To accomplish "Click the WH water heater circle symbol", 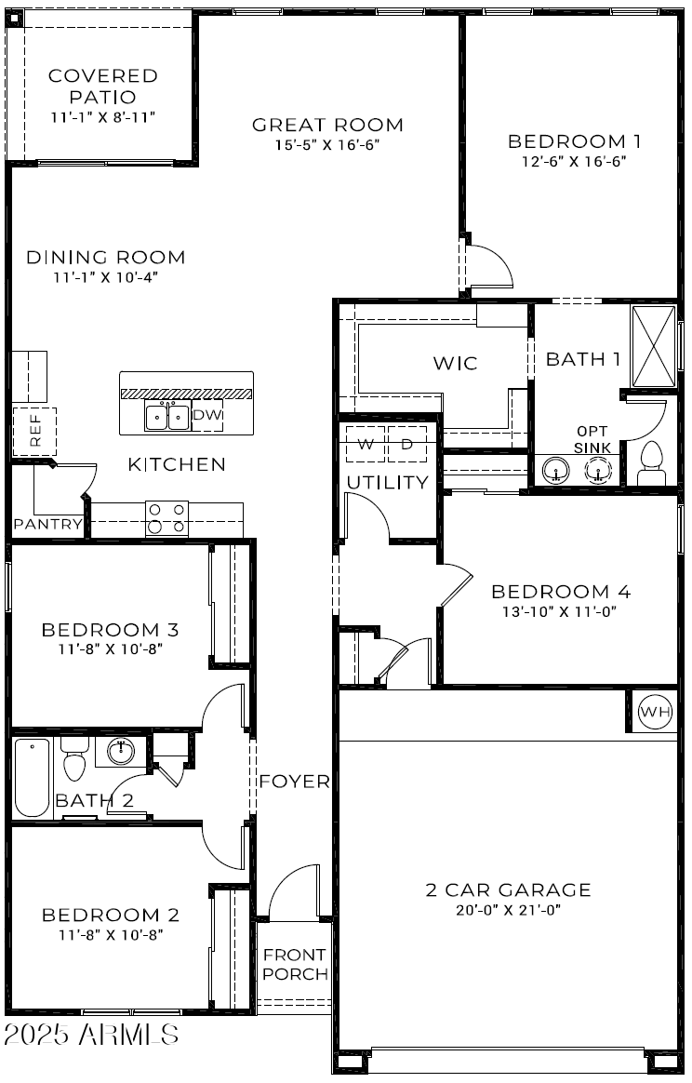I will point(655,713).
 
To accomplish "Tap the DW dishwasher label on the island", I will point(207,416).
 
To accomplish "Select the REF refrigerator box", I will point(34,431).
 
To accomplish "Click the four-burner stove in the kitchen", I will point(166,518).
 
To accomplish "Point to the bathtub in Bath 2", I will point(33,777).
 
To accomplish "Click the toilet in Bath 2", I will point(74,760).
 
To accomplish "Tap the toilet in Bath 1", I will point(652,462).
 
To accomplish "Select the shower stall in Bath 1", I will point(654,345).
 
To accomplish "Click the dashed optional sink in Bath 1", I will point(595,471).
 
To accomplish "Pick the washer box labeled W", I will point(366,445).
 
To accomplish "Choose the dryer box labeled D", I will point(406,445).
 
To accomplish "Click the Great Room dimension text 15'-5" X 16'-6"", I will point(327,145).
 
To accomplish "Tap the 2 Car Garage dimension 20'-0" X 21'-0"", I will point(508,910).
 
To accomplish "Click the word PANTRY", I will point(47,525).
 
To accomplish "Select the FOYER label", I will point(294,782).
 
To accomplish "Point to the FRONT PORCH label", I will point(294,965).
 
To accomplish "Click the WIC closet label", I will point(455,363).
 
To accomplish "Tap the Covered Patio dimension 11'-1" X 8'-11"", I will point(102,117).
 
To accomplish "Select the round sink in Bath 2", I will point(121,750).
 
